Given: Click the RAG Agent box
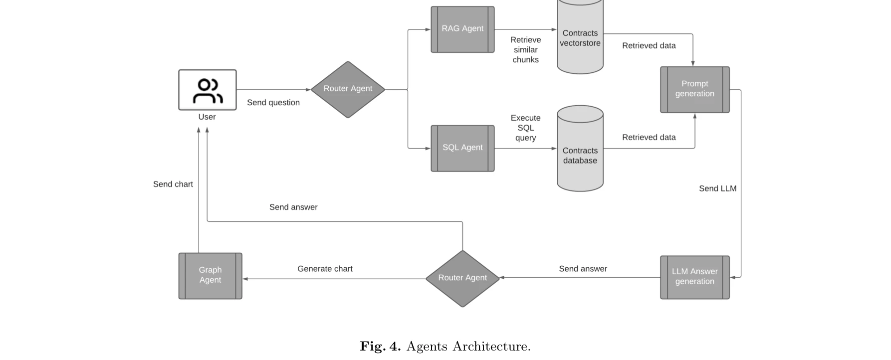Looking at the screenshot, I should [462, 29].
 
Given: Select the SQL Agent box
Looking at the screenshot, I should [462, 148].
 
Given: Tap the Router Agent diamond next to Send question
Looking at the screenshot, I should [348, 89].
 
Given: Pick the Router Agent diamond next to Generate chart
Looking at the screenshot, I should [462, 278].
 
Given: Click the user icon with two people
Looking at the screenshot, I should [208, 90].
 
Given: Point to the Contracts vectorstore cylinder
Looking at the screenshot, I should [580, 38].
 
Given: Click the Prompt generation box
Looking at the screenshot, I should [694, 89].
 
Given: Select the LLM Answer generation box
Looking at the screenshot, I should [694, 277].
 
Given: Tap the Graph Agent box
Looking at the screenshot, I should [210, 276].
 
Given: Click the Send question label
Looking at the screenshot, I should [273, 103].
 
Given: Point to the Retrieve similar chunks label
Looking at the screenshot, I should [525, 50].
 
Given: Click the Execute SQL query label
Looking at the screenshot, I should [525, 128].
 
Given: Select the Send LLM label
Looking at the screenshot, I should [717, 188].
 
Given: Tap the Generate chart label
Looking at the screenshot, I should [325, 269].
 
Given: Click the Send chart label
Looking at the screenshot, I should [173, 184].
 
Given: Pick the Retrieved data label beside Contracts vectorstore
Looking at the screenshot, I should [649, 46].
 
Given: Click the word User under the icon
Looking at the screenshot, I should [207, 117].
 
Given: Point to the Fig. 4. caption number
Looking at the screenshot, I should [380, 347].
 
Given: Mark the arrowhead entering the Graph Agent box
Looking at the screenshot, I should [245, 279].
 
